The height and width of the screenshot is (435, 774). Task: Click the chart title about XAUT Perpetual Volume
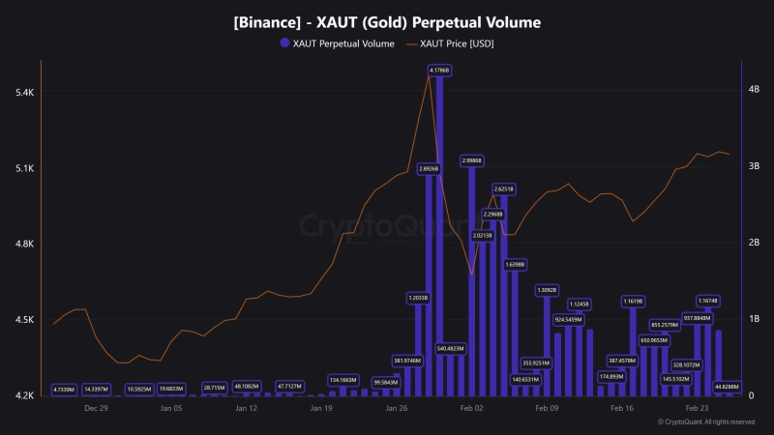tap(387, 21)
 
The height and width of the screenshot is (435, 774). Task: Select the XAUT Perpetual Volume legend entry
tap(336, 43)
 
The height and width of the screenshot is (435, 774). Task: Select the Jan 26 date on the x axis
tap(396, 409)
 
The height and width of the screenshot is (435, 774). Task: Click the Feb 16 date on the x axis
tap(622, 409)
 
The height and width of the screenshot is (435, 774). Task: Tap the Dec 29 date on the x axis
tap(96, 409)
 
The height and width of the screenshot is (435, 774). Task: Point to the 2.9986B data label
tap(472, 160)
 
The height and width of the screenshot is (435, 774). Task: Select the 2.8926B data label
tap(429, 168)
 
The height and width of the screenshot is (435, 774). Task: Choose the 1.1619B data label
tap(634, 302)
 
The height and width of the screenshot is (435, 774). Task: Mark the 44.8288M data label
tap(727, 387)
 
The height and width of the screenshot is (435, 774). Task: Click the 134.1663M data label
tap(343, 380)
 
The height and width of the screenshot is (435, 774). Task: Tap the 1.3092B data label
tap(548, 290)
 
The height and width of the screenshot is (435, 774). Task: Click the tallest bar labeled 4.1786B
tap(439, 242)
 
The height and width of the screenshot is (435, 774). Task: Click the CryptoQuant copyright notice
tap(705, 422)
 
